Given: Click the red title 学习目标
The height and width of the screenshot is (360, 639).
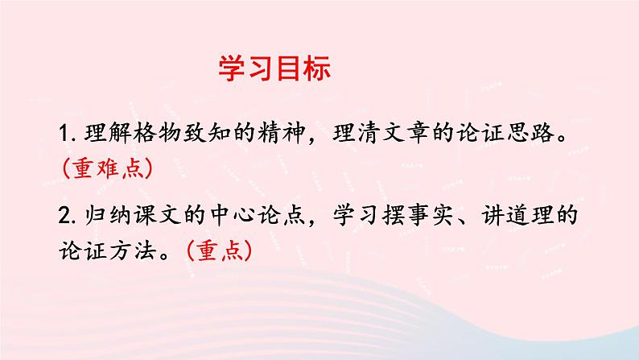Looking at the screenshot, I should tap(274, 69).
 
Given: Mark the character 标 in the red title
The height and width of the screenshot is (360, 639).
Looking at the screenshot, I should tap(317, 69).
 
